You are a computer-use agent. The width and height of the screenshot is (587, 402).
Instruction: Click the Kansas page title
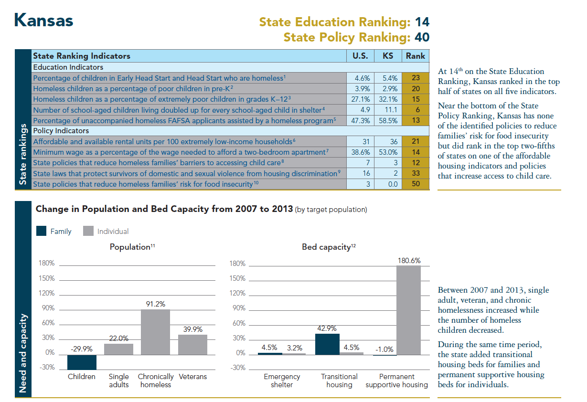43,21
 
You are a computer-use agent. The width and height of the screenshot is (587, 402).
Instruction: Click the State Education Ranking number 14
422,22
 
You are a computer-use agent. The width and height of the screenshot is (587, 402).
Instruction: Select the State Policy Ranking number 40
422,37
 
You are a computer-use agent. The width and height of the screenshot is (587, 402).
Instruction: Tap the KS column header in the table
388,56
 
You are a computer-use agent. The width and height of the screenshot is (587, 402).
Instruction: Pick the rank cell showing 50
415,184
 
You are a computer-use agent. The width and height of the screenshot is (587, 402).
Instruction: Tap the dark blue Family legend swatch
42,231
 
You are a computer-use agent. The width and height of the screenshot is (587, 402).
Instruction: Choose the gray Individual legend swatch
88,231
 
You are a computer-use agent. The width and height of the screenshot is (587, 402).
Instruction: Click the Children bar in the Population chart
82,362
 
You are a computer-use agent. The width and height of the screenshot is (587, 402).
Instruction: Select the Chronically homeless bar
155,332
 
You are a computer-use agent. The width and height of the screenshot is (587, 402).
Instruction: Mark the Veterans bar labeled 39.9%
192,344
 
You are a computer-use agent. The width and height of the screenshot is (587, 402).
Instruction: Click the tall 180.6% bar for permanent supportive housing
408,310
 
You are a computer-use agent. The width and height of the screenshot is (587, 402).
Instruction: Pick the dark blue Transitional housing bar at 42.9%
327,344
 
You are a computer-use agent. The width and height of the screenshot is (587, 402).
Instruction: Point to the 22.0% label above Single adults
118,339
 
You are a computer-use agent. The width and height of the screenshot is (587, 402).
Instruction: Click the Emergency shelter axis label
282,381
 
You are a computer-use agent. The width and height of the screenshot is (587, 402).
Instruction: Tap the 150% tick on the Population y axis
46,278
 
